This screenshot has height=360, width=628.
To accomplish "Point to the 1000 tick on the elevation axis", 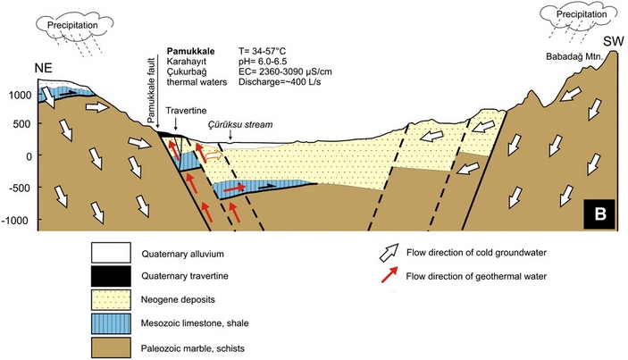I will click(17, 93).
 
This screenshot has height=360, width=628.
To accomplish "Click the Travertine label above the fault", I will click(181, 113).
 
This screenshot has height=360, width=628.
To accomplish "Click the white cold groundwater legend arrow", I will click(388, 253).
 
